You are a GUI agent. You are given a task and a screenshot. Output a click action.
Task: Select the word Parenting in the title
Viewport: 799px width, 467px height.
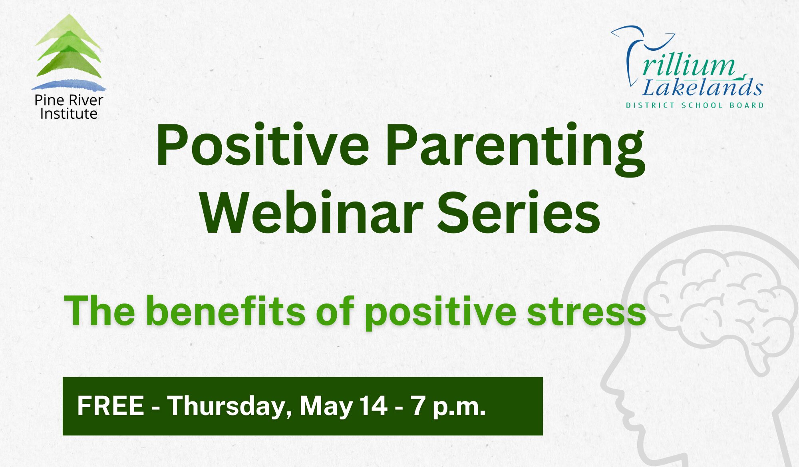pos(515,149)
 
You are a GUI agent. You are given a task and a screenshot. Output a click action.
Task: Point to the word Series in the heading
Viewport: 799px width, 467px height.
pos(519,212)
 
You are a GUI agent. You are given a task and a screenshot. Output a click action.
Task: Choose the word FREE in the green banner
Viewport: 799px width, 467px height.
pos(111,406)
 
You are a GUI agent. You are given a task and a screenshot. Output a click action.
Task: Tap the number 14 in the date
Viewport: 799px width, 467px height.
pos(374,406)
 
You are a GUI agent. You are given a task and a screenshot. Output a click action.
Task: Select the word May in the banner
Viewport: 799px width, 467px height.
pos(325,407)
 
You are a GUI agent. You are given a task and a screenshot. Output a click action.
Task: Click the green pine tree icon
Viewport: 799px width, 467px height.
pos(69,46)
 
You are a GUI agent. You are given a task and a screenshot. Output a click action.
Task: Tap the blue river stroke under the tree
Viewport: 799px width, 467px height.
pos(69,85)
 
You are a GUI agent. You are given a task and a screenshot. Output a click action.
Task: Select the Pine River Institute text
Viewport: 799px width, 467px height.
pos(69,107)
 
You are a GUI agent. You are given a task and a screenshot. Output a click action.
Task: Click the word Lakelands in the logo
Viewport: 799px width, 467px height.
pos(702,86)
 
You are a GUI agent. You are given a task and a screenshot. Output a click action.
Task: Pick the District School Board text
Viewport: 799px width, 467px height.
pos(695,106)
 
